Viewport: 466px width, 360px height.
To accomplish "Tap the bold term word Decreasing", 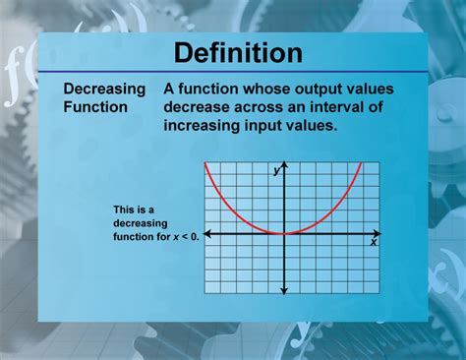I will pos(105,89).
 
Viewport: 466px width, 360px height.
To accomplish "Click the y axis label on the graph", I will pos(277,171).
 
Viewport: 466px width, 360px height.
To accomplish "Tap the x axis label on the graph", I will pos(374,241).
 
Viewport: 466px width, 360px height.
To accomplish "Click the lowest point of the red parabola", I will pos(284,233).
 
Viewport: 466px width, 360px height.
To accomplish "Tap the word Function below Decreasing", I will pos(95,106).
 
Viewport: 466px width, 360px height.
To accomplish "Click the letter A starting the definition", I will pos(170,89).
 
